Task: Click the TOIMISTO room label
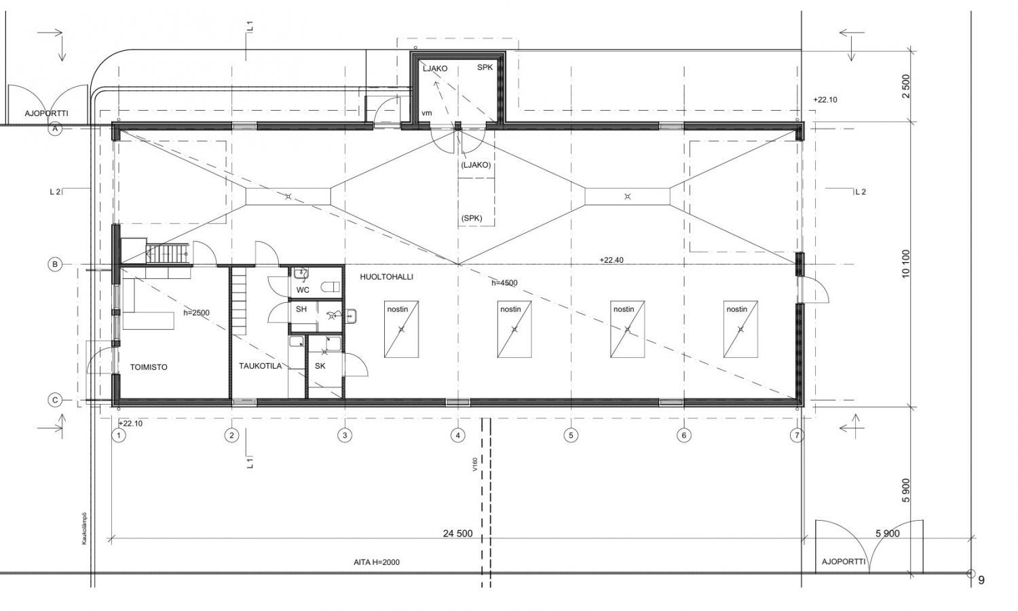pos(149,367)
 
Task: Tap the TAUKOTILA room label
pos(261,366)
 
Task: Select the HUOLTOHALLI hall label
pos(387,277)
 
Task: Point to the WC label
pos(303,290)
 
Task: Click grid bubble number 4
pos(457,436)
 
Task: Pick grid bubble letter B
pos(55,265)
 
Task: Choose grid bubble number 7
pos(797,436)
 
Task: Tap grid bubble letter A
pos(55,129)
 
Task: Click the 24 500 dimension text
pos(457,534)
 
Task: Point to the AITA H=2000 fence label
pos(377,562)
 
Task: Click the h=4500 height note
pos(504,283)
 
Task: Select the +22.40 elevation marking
pos(611,260)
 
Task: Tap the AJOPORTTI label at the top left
pos(46,113)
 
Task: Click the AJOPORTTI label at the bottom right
pos(844,562)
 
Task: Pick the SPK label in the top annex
pos(485,67)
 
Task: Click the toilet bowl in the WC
pos(330,287)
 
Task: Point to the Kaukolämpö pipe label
pos(84,529)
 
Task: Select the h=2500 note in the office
pos(196,313)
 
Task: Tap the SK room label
pos(320,366)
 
